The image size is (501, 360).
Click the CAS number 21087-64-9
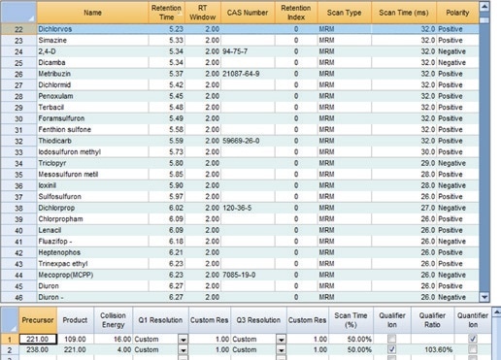243,72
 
